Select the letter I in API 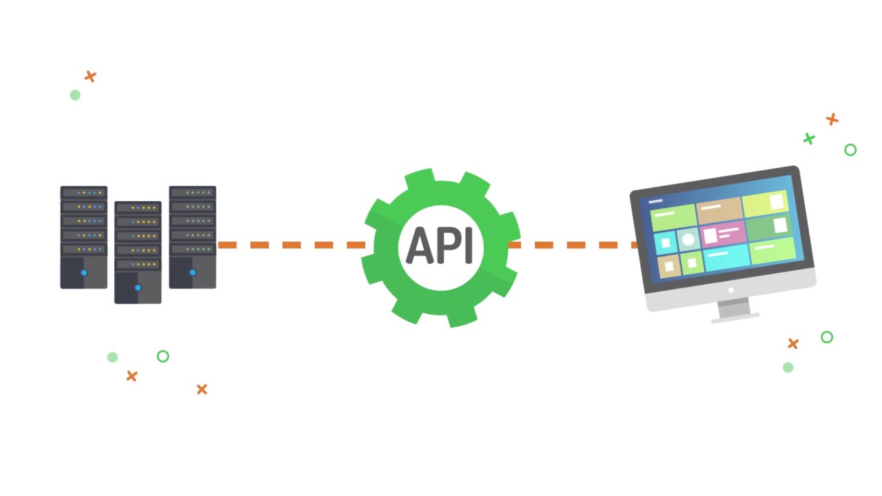point(469,246)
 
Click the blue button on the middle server point(138,287)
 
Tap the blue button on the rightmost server point(192,273)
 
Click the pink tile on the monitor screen point(723,234)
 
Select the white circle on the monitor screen point(688,240)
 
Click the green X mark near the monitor point(809,139)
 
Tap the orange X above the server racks point(90,76)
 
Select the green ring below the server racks point(163,356)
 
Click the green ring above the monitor point(850,149)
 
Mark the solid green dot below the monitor point(788,367)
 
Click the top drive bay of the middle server point(138,208)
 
